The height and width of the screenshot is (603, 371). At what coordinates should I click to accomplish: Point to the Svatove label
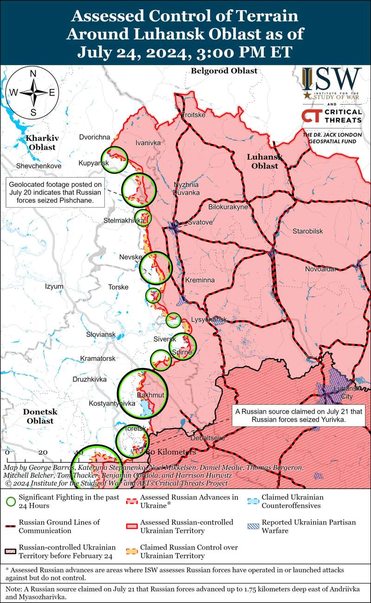(x=200, y=223)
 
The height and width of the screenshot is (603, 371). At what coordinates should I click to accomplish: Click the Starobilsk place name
(x=307, y=231)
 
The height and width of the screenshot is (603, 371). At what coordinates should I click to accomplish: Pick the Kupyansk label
(x=94, y=163)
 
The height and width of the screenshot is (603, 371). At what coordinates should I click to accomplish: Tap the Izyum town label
(x=54, y=287)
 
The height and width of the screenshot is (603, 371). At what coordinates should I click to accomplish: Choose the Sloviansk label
(x=101, y=334)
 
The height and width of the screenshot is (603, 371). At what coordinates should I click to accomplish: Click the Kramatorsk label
(x=97, y=359)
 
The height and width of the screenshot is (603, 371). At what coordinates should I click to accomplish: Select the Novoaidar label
(x=320, y=269)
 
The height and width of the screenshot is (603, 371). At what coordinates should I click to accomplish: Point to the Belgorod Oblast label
(x=224, y=71)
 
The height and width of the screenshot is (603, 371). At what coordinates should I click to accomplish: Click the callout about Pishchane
(x=55, y=192)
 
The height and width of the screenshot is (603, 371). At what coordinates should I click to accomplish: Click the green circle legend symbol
(x=11, y=501)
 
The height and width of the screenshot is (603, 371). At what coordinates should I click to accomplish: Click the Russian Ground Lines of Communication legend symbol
(x=11, y=526)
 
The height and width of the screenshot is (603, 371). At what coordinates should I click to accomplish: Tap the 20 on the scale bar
(x=43, y=452)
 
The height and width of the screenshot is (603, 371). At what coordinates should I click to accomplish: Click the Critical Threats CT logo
(x=310, y=116)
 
